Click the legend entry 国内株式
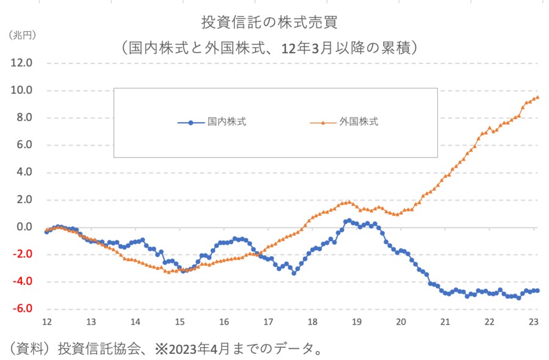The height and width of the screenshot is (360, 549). (226, 122)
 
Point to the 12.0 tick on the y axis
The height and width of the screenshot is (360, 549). (21, 63)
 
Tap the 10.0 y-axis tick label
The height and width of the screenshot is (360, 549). (21, 90)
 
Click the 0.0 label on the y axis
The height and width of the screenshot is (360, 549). (24, 227)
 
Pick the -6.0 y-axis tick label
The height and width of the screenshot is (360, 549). (22, 309)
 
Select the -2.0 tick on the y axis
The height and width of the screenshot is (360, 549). (22, 254)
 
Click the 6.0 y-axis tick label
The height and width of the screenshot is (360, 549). (24, 145)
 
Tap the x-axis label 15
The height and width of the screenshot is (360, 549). (179, 322)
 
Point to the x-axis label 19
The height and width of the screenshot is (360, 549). (357, 322)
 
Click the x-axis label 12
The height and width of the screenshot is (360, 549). (46, 322)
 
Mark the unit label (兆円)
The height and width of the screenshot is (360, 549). (23, 35)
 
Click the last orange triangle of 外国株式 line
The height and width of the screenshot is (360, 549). (537, 96)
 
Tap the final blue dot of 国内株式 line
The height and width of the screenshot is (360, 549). (537, 290)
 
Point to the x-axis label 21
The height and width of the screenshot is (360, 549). (446, 322)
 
